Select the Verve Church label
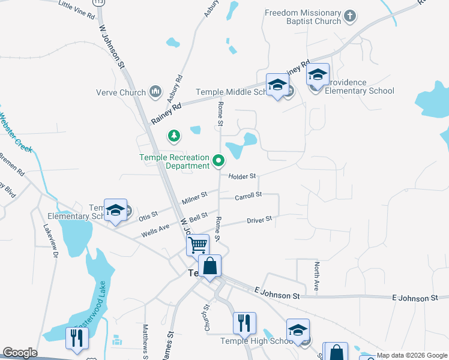[x=121, y=92]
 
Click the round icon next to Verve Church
[x=155, y=92]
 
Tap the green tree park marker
[x=174, y=136]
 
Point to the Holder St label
[x=243, y=176]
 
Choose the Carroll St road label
[x=249, y=196]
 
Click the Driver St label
[x=259, y=220]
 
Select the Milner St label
[x=195, y=196]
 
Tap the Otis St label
[x=148, y=214]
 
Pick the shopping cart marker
[x=197, y=245]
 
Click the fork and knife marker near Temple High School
[x=244, y=323]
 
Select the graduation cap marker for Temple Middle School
[x=277, y=85]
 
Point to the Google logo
[x=20, y=353]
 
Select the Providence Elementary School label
[x=360, y=91]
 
